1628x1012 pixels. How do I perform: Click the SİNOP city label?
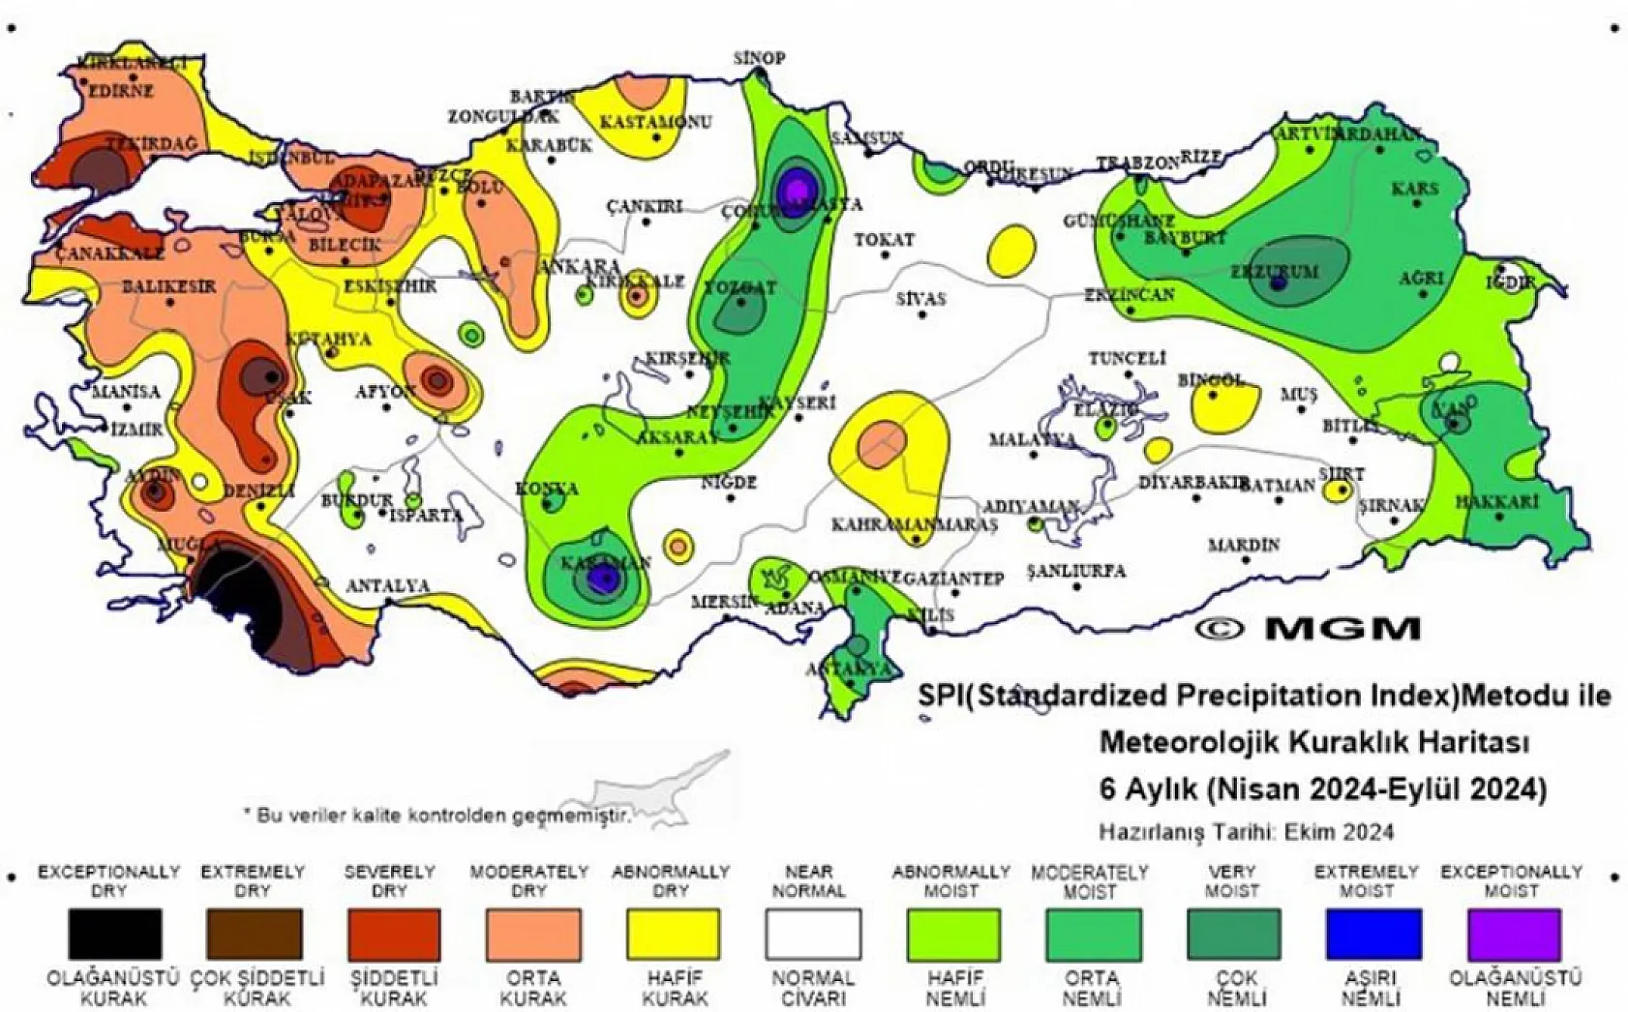coord(758,59)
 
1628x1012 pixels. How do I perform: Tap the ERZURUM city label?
coord(1274,271)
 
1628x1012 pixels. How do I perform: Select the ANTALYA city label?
coord(387,585)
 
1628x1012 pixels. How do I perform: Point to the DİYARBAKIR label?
coord(1190,482)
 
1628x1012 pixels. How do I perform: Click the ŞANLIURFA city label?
coord(1075,571)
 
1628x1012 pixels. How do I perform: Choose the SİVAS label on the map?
coord(920,299)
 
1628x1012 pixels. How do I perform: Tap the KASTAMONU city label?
coord(655,123)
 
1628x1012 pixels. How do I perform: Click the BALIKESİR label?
coord(169,287)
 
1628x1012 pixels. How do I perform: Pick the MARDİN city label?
coord(1243,546)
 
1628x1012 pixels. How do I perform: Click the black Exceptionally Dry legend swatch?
coord(114,934)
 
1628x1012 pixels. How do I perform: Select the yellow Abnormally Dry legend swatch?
coord(674,934)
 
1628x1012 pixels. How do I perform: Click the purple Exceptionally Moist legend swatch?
coord(1513,934)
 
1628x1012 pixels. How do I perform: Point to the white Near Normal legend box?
coord(813,934)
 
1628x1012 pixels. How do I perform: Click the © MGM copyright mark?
coord(1308,628)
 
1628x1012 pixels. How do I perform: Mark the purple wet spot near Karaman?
coord(604,579)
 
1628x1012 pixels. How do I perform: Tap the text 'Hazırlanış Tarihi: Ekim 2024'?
coord(1246,831)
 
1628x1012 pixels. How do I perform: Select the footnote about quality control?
coord(437,816)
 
